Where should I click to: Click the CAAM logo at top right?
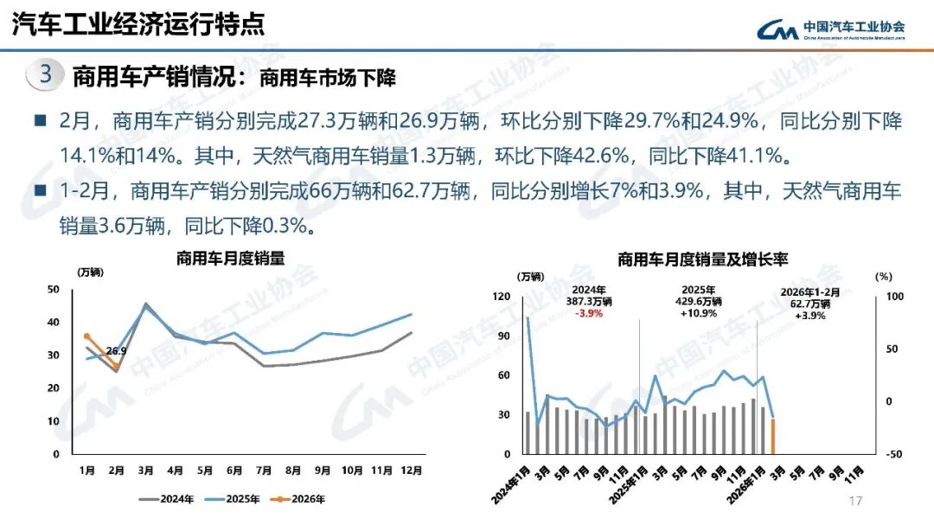pyautogui.click(x=831, y=29)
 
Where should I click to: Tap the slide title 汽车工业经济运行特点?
pyautogui.click(x=138, y=24)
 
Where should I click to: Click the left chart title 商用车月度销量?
pyautogui.click(x=230, y=258)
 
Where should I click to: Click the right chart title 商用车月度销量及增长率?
pyautogui.click(x=702, y=259)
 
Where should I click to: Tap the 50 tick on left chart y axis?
pyautogui.click(x=54, y=289)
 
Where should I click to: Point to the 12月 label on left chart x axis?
pyautogui.click(x=412, y=471)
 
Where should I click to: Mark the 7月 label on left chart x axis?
pyautogui.click(x=264, y=471)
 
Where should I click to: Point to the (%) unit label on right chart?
pyautogui.click(x=883, y=277)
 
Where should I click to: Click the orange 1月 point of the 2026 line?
pyautogui.click(x=86, y=336)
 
